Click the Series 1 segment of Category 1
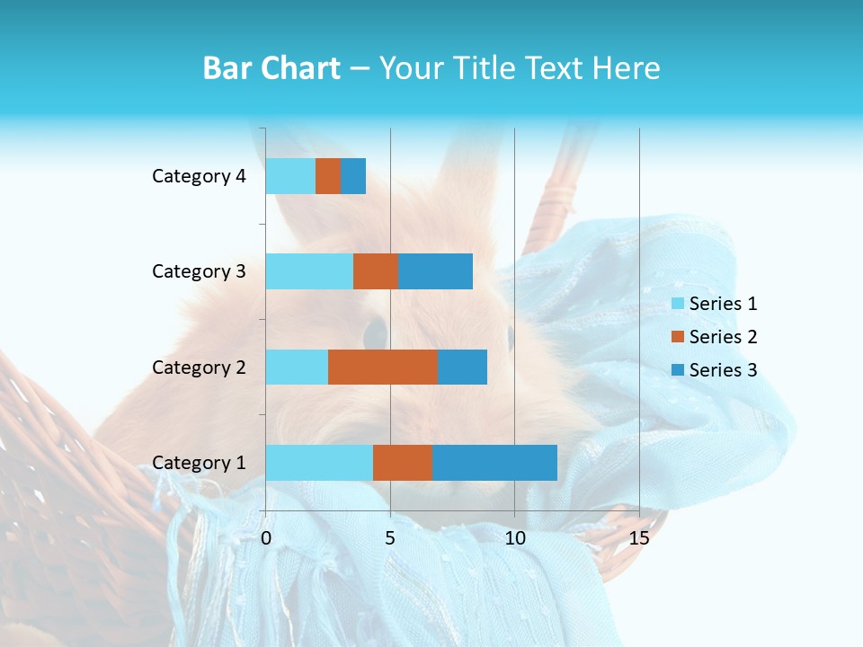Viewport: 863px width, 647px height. (319, 463)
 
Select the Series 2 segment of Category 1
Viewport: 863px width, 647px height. (403, 463)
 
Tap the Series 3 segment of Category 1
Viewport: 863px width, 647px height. (494, 463)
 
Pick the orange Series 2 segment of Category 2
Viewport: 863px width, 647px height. (383, 367)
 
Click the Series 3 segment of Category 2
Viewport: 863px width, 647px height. (462, 367)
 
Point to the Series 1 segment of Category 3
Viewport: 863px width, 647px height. (309, 271)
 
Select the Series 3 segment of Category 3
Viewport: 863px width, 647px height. (435, 271)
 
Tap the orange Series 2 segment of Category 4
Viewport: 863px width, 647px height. (328, 176)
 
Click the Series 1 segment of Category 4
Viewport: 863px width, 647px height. (290, 176)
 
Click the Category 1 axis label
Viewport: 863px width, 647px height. (199, 463)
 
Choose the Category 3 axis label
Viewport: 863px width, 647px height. (199, 271)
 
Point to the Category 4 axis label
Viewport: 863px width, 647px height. (199, 176)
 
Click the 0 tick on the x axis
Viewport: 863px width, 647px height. (266, 538)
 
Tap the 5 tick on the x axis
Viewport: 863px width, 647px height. (390, 538)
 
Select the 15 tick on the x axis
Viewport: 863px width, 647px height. (639, 538)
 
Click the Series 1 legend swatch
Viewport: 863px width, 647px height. (677, 304)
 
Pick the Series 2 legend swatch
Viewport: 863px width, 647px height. (677, 337)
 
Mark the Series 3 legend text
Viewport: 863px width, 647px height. (723, 370)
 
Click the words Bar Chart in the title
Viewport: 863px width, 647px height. (271, 68)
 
